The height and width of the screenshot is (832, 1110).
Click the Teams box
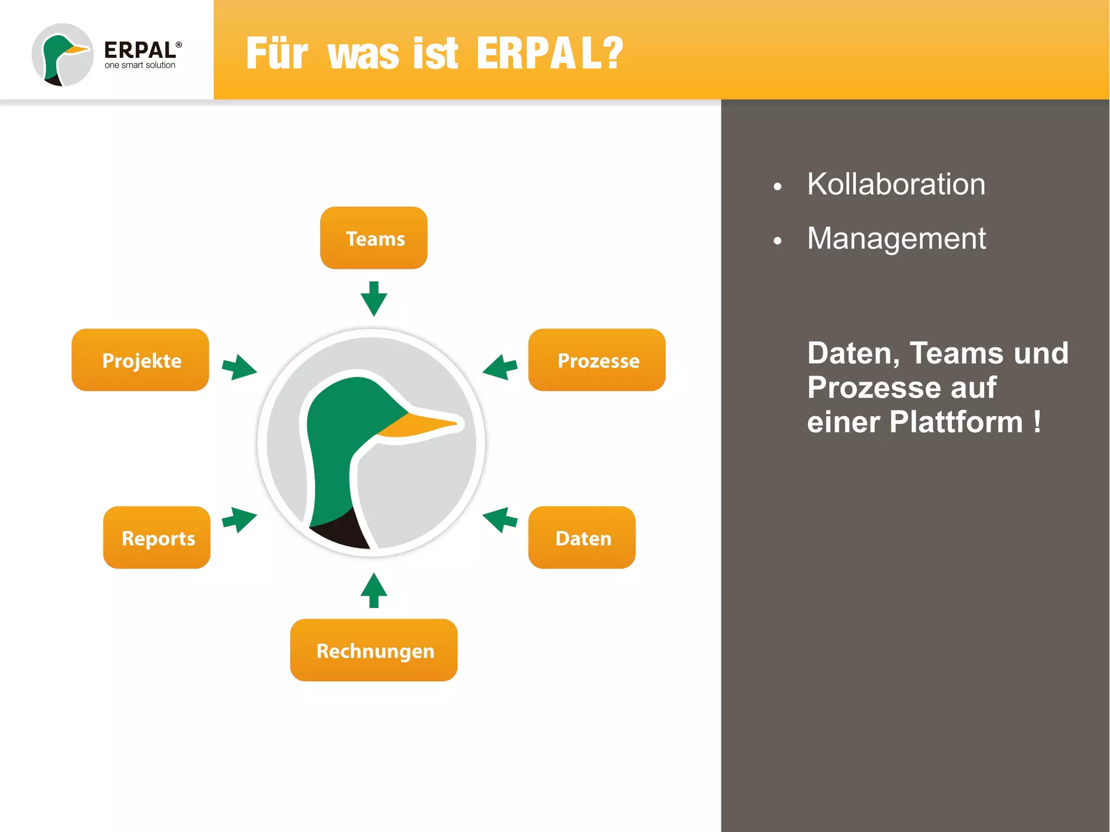click(x=373, y=238)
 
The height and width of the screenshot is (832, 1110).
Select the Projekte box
click(x=140, y=360)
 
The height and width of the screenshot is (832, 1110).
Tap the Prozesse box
click(x=597, y=360)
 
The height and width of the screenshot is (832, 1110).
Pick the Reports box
click(x=157, y=538)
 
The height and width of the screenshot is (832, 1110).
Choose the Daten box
click(x=582, y=538)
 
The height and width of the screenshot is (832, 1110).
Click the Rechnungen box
click(x=373, y=650)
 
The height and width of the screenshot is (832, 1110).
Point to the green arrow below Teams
click(x=373, y=299)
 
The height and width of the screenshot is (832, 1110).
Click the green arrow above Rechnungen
click(x=373, y=590)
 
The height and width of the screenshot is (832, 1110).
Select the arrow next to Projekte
click(x=239, y=368)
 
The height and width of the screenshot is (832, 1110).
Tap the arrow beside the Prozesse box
click(x=500, y=368)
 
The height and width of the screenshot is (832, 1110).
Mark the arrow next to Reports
click(x=239, y=520)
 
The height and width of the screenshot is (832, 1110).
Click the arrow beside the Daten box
click(x=500, y=520)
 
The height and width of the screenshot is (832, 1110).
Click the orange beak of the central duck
click(x=423, y=425)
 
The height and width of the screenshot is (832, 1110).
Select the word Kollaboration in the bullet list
click(x=895, y=184)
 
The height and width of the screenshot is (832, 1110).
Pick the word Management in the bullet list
click(x=896, y=238)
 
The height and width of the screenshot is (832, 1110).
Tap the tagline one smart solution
click(x=140, y=65)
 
